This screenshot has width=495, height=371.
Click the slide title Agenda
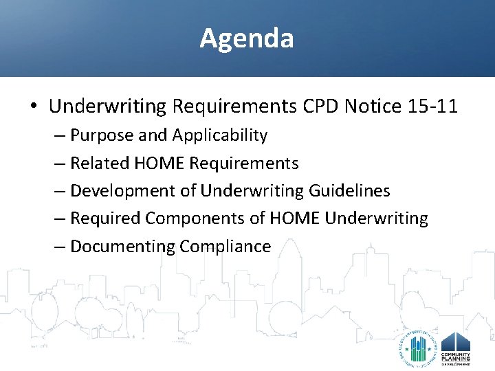(x=247, y=38)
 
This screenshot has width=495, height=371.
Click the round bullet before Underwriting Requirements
(x=34, y=107)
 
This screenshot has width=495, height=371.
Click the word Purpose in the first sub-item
(x=102, y=136)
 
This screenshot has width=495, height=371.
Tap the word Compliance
(x=225, y=246)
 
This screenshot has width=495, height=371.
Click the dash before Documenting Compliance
(x=60, y=246)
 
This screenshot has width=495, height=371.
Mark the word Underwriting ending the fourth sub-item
(x=376, y=218)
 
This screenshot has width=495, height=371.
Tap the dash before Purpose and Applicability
(x=60, y=136)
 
